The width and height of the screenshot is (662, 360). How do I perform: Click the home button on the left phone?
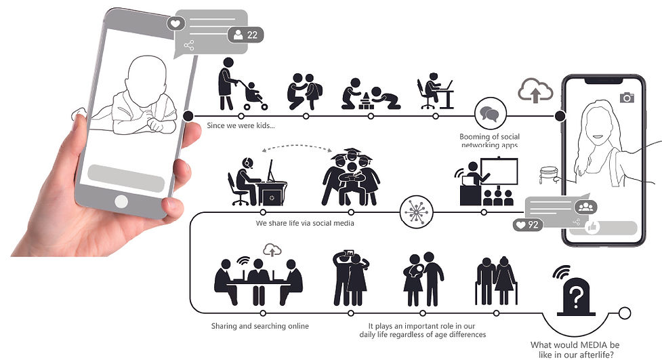(x=121, y=201)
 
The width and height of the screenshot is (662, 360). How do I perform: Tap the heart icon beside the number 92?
(x=520, y=224)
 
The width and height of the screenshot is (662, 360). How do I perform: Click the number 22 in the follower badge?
(x=251, y=35)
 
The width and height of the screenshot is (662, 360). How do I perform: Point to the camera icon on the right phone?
(x=627, y=98)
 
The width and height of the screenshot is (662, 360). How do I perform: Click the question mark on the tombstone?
(x=576, y=296)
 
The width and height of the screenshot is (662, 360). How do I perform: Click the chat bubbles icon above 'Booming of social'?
(x=489, y=113)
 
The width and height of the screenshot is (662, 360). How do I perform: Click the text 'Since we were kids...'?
(x=241, y=126)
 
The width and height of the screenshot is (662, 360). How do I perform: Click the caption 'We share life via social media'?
(x=295, y=223)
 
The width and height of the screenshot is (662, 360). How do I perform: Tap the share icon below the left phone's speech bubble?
(x=188, y=45)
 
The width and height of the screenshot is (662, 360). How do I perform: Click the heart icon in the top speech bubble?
(x=175, y=23)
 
